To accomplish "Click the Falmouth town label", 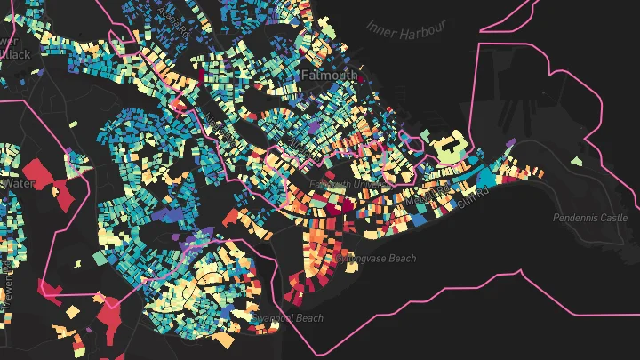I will click(330, 76).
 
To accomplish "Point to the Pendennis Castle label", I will click(589, 218).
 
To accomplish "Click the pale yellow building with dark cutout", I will click(448, 145).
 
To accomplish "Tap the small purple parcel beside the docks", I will click(510, 142).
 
